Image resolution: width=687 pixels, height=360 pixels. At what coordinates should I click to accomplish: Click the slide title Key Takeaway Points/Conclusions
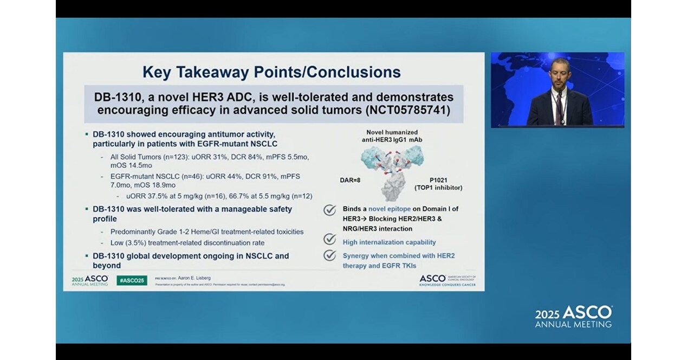point(271,72)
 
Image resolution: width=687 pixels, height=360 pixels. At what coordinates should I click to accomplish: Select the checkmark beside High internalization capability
point(329,239)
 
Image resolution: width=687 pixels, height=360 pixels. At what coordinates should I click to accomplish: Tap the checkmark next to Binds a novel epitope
point(329,210)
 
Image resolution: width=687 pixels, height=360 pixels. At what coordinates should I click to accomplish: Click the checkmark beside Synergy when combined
point(329,255)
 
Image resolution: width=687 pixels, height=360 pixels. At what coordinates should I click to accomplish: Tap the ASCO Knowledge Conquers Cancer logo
point(447,279)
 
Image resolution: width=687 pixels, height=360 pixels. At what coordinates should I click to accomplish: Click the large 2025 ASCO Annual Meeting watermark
point(574,317)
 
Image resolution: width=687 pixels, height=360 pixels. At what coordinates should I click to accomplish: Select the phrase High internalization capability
point(389,242)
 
